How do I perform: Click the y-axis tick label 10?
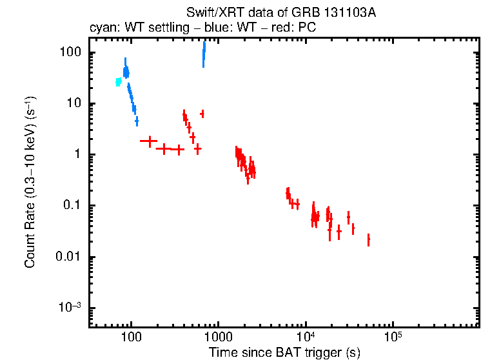click(x=72, y=104)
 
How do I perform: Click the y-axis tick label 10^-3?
click(x=67, y=307)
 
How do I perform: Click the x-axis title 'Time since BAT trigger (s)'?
click(x=284, y=353)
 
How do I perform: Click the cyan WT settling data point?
click(x=118, y=82)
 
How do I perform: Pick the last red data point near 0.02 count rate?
click(x=368, y=240)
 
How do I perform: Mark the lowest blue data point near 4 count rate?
click(x=137, y=121)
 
